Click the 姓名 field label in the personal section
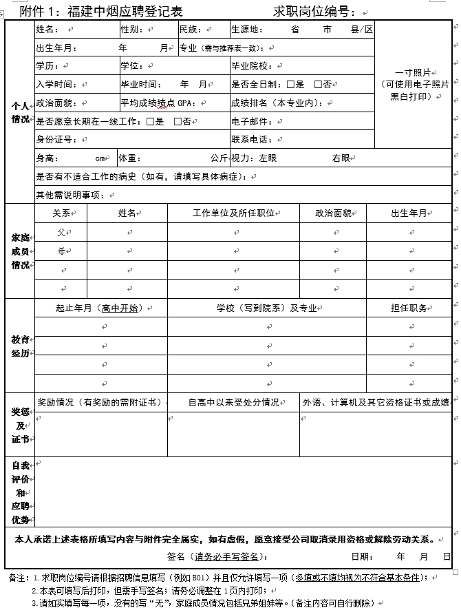click(47, 30)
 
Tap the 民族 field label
click(189, 30)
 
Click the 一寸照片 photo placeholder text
click(414, 72)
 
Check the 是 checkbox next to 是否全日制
click(291, 85)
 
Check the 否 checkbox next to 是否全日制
click(318, 85)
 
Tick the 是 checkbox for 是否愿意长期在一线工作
click(151, 121)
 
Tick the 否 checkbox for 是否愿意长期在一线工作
click(178, 121)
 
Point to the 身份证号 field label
click(54, 140)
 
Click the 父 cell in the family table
click(61, 233)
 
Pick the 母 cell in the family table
click(61, 251)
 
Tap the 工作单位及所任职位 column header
click(234, 213)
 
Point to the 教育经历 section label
click(20, 346)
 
